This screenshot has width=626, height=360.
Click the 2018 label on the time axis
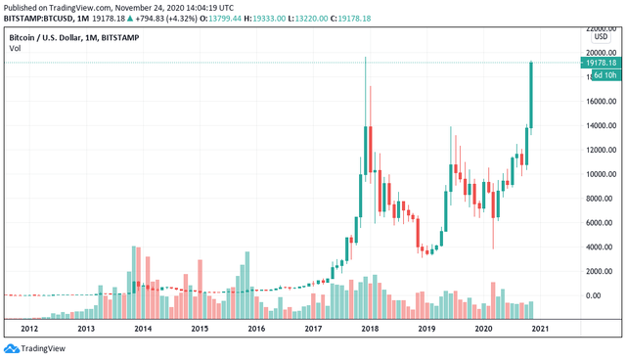point(369,330)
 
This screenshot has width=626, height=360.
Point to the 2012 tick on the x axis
point(29,330)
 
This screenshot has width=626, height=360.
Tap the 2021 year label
point(539,330)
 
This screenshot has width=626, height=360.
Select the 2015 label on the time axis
point(200,330)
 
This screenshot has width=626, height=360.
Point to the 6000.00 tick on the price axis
point(599,223)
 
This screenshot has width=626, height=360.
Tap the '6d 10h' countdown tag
point(604,75)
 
